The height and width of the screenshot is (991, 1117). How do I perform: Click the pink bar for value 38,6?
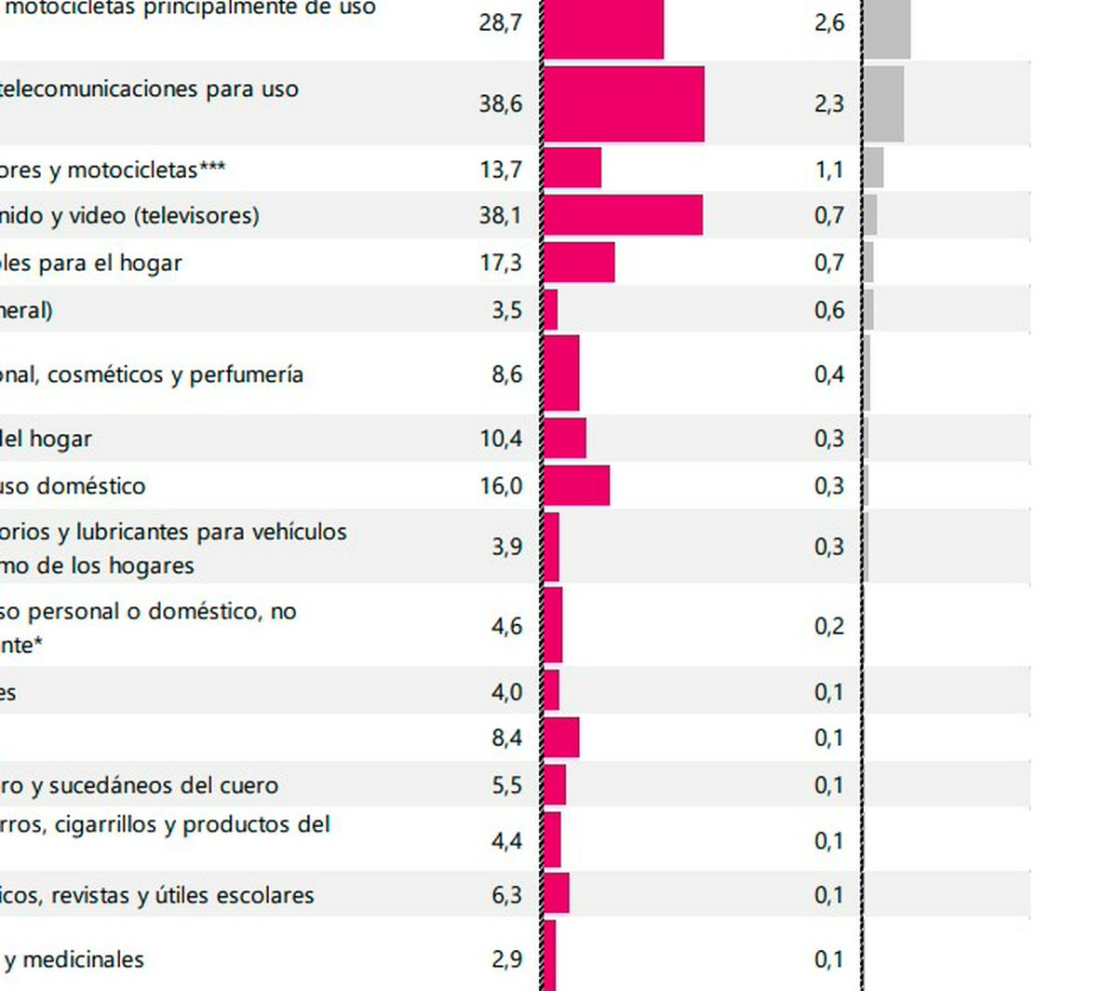(x=624, y=103)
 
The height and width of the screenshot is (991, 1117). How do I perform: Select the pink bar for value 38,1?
(x=623, y=215)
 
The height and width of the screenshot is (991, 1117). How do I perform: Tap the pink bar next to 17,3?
(x=579, y=262)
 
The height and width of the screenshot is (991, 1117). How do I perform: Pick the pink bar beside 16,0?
(x=576, y=485)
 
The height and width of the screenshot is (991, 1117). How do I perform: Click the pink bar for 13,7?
(x=572, y=169)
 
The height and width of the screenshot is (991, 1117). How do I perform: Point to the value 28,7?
(x=501, y=22)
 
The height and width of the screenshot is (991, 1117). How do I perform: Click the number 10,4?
(x=501, y=438)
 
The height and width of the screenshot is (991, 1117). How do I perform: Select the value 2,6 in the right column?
(x=829, y=22)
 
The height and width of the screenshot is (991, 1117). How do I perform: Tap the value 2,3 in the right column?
(x=829, y=103)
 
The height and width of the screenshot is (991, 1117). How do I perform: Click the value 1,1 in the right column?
(x=829, y=170)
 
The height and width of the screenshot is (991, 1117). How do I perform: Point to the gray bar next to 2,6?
(x=887, y=28)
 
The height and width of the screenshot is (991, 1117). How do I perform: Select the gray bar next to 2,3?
(x=883, y=103)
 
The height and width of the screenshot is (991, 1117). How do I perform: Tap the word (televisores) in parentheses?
(x=196, y=216)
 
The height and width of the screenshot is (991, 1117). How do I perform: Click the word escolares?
(x=269, y=895)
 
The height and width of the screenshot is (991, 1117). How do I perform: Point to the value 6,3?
(x=507, y=895)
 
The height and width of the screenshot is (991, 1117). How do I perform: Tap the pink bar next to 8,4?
(x=561, y=738)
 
